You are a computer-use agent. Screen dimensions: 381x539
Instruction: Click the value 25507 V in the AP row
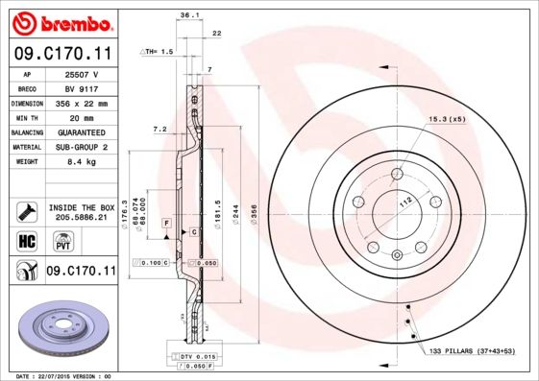click(x=83, y=73)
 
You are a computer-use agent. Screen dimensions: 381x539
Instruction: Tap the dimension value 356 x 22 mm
click(x=83, y=103)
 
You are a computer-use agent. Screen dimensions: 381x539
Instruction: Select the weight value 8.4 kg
click(x=83, y=162)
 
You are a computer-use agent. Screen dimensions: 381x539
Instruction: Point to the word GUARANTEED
click(x=83, y=132)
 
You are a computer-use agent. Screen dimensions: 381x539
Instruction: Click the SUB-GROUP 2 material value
click(x=83, y=147)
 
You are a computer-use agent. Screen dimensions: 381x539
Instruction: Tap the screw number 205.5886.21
click(x=82, y=218)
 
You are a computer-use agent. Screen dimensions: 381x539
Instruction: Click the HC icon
click(x=26, y=241)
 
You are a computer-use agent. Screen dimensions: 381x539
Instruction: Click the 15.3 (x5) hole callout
click(x=446, y=118)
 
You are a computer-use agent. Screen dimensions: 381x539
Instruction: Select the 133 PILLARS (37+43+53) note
click(x=471, y=354)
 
